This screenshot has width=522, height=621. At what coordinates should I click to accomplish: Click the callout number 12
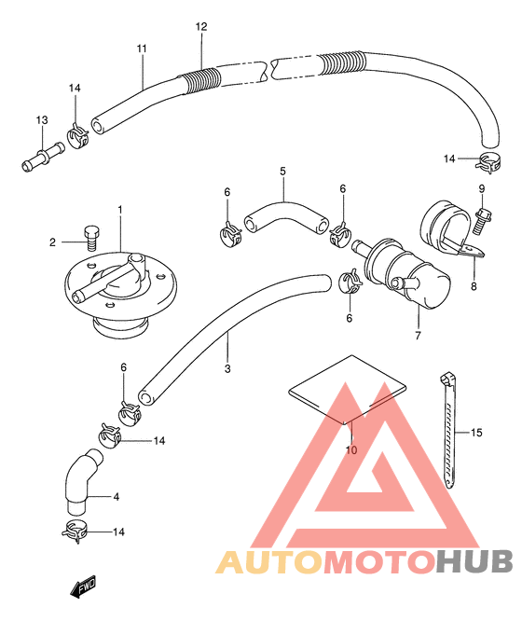click(201, 26)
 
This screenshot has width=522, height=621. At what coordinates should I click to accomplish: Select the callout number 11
click(142, 48)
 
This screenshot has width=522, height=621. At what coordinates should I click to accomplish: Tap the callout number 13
click(42, 120)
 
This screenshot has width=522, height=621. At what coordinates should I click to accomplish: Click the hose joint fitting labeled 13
click(43, 157)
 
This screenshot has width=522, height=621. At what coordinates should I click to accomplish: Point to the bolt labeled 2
click(92, 238)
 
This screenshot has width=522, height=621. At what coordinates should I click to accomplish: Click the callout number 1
click(120, 209)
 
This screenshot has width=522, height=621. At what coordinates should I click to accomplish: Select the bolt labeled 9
click(483, 220)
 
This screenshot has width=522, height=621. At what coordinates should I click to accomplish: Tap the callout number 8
click(474, 286)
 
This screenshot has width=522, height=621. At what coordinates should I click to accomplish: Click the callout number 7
click(418, 336)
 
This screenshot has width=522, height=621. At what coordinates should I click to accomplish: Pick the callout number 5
click(282, 172)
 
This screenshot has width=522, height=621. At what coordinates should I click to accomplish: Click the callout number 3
click(227, 368)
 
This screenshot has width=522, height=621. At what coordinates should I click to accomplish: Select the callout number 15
click(476, 433)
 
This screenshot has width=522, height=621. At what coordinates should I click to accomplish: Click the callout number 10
click(351, 450)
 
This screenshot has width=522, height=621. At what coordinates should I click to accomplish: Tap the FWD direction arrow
click(83, 586)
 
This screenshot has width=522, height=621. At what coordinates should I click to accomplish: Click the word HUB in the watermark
click(474, 562)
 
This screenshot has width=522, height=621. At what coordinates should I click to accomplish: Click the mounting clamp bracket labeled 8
click(451, 229)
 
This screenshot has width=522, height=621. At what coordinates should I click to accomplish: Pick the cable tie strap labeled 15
click(447, 431)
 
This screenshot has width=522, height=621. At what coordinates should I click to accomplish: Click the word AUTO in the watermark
click(269, 562)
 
